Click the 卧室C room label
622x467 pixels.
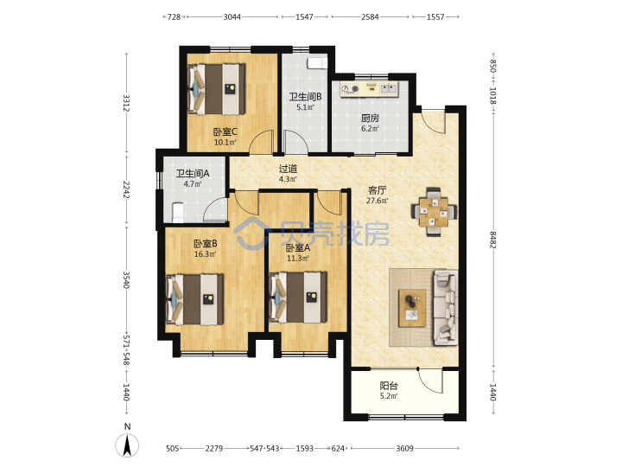225,131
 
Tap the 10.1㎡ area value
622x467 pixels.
225,142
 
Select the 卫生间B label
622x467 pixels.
305,97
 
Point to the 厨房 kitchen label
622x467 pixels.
370,118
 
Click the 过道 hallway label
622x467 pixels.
288,169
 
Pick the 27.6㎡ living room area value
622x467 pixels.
377,201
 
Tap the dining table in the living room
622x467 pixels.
434,212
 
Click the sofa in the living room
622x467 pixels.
446,307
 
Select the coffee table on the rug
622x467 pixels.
412,308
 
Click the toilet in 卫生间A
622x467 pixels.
177,213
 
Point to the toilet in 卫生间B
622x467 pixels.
317,63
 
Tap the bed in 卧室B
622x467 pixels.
194,299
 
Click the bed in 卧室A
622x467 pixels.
298,297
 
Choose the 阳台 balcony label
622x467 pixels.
389,386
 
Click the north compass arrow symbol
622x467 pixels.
127,445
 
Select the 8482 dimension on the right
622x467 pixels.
492,240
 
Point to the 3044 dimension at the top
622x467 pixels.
232,16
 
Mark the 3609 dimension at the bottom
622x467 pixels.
404,448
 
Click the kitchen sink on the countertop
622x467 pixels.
389,88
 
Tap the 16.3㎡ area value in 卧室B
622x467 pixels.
205,253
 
